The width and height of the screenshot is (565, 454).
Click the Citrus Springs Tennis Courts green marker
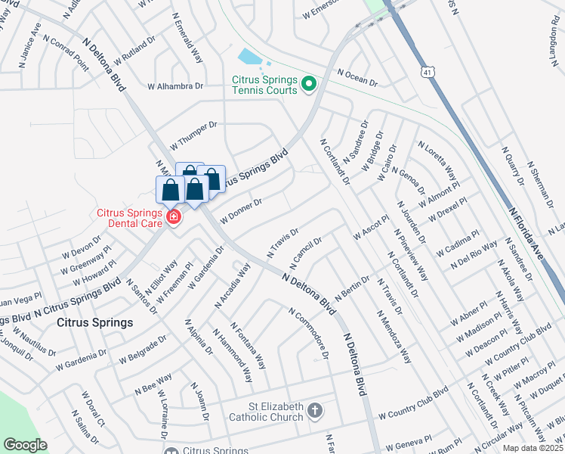[x=308, y=83]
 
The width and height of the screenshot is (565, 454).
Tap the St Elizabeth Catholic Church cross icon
[x=315, y=412]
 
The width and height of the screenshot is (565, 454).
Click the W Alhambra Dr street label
[x=176, y=87]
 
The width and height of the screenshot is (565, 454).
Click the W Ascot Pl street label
[x=371, y=229]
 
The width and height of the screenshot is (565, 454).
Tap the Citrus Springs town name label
[x=95, y=322]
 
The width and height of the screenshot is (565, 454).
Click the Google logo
[x=25, y=445]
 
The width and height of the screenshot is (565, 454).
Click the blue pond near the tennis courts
[x=249, y=58]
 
